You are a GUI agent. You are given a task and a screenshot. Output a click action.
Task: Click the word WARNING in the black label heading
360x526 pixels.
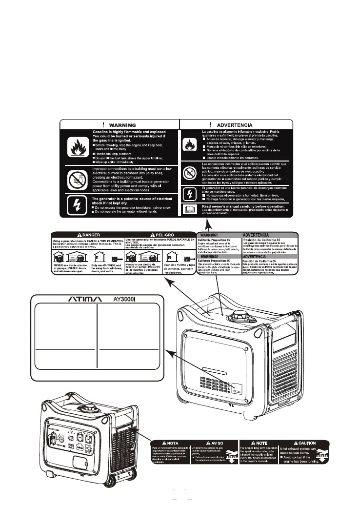pos(122,125)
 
